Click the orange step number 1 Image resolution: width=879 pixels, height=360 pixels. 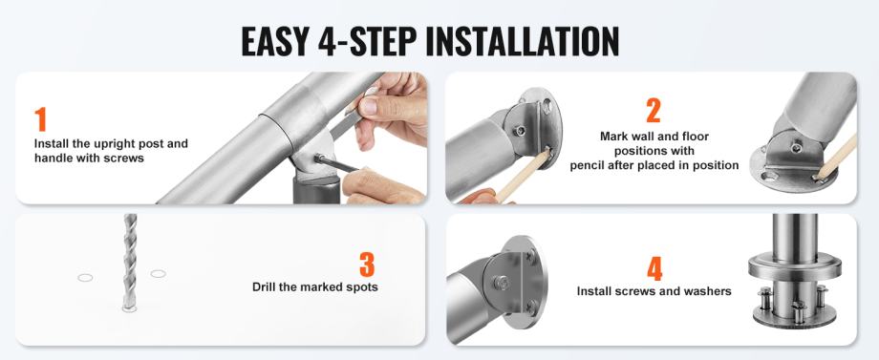[40, 119]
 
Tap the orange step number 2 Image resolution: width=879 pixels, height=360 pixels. [654, 111]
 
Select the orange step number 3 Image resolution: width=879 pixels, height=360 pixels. [367, 265]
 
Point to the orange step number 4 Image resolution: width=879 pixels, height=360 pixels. [654, 268]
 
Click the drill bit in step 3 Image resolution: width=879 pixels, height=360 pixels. [130, 261]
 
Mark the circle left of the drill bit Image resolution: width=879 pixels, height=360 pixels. [85, 278]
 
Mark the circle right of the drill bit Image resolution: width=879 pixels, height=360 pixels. [158, 274]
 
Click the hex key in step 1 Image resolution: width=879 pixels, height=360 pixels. [336, 163]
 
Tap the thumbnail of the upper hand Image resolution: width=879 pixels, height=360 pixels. [368, 104]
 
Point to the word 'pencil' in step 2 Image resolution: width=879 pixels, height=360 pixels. [586, 165]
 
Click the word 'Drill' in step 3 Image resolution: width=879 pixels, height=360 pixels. [266, 286]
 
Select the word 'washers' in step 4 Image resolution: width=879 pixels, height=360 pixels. [710, 291]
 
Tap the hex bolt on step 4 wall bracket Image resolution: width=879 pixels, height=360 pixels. [500, 282]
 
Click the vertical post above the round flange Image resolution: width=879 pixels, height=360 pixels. [794, 238]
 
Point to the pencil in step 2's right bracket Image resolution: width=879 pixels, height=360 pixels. [836, 159]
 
